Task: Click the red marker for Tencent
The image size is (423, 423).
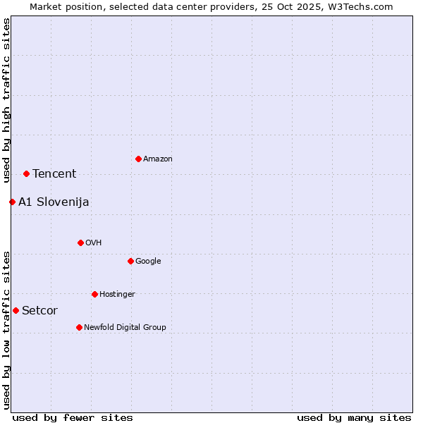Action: [x=26, y=173]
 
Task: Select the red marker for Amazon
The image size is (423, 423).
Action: [x=138, y=159]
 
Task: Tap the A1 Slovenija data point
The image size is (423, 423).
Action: [x=12, y=202]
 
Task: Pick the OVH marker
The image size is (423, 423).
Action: [x=80, y=243]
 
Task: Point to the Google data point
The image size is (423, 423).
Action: [x=130, y=261]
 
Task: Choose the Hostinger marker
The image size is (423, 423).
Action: [x=94, y=294]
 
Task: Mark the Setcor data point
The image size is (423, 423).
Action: [x=16, y=310]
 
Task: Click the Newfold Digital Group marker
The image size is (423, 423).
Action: [x=79, y=327]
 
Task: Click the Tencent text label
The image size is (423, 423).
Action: [x=54, y=174]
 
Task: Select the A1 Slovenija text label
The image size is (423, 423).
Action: [x=54, y=202]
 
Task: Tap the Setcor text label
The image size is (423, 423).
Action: [x=39, y=311]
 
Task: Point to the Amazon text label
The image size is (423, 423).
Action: [x=158, y=159]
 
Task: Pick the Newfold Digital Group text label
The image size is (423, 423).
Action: [x=125, y=327]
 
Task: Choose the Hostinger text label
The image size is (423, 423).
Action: [x=117, y=294]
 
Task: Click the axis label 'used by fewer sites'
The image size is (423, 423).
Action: [x=73, y=417]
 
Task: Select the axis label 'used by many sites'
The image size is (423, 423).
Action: [x=354, y=417]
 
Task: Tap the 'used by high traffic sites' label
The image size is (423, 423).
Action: [x=6, y=100]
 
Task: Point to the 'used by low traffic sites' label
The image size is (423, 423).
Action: [x=6, y=330]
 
